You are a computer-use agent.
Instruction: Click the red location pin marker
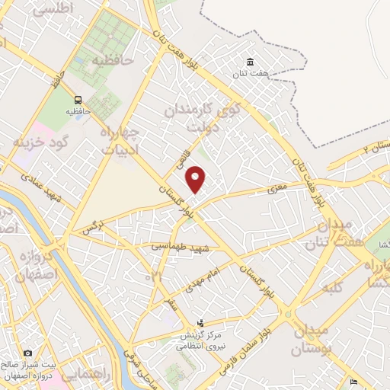[x=197, y=179]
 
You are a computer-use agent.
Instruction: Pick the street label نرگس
[x=91, y=228]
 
